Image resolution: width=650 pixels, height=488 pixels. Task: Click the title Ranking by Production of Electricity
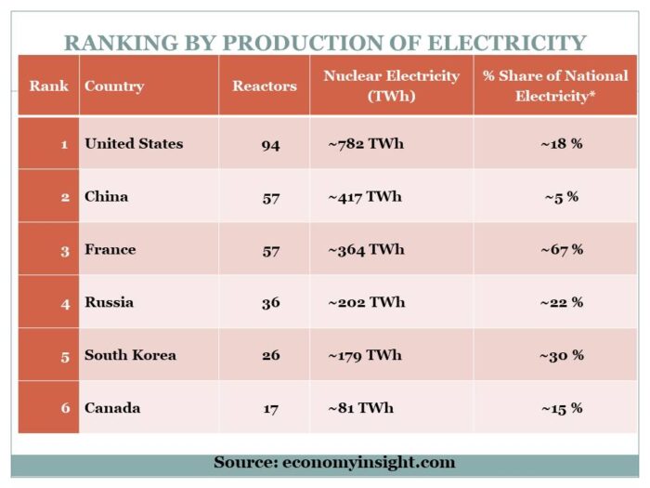coord(325,43)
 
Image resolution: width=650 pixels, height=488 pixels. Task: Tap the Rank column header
coord(48,86)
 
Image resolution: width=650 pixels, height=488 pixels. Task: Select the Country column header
coord(114,86)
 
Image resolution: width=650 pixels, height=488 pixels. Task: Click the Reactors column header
coord(265,86)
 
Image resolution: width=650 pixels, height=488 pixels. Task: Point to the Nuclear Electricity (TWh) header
coord(391,86)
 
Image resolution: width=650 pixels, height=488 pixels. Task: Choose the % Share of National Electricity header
coord(555,86)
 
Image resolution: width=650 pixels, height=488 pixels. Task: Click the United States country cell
coord(134,143)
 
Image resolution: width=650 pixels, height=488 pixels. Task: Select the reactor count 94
coord(270,144)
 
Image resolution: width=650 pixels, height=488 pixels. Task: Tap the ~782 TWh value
coord(366,143)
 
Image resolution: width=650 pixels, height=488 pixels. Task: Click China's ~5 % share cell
coord(561,197)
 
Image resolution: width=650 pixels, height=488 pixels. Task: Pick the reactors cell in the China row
coord(270,197)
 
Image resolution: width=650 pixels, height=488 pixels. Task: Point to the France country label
coord(110,249)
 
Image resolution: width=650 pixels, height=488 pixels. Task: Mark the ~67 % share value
coord(561,249)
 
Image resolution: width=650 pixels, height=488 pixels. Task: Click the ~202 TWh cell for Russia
coord(366,302)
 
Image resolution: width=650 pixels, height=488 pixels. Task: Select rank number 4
coord(64,302)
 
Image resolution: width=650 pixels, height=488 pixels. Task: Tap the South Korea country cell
coord(130,355)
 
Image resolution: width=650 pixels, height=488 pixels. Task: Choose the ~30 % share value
coord(561,355)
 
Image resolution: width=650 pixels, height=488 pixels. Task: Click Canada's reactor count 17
coord(270,408)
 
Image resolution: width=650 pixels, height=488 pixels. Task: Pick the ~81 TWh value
coord(360,407)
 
